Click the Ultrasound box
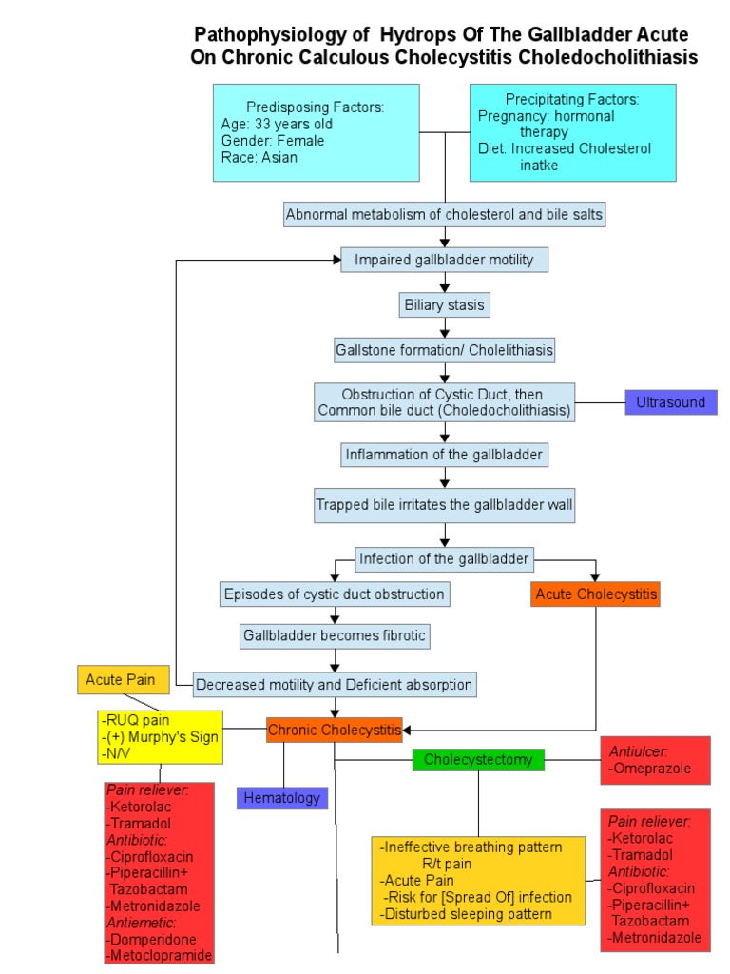pyautogui.click(x=670, y=402)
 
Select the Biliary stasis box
pyautogui.click(x=444, y=305)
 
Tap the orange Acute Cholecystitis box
pyautogui.click(x=596, y=594)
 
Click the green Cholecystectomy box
pyautogui.click(x=478, y=759)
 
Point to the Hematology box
pyautogui.click(x=281, y=798)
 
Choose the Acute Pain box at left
pyautogui.click(x=122, y=679)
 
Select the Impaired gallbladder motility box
pyautogui.click(x=444, y=260)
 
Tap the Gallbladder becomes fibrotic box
pyautogui.click(x=334, y=634)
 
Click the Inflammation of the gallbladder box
pyautogui.click(x=444, y=455)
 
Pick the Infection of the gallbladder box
pyautogui.click(x=444, y=558)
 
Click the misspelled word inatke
pyautogui.click(x=540, y=165)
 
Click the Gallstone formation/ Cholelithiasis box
pyautogui.click(x=444, y=350)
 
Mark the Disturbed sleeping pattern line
pyautogui.click(x=466, y=914)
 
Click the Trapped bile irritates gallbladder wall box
pyautogui.click(x=444, y=506)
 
